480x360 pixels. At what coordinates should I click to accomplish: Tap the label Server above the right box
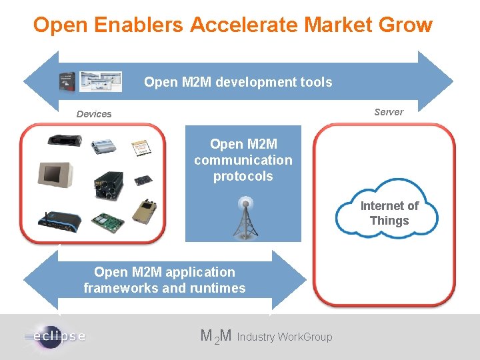pyautogui.click(x=389, y=112)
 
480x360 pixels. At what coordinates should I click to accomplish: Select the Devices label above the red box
pyautogui.click(x=94, y=114)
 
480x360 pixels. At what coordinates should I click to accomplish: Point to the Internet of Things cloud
pyautogui.click(x=389, y=213)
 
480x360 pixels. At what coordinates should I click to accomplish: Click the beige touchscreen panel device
pyautogui.click(x=56, y=175)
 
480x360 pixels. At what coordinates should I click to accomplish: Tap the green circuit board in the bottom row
pyautogui.click(x=107, y=223)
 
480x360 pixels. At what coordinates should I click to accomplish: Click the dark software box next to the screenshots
pyautogui.click(x=67, y=81)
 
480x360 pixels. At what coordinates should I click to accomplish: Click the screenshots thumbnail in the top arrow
pyautogui.click(x=101, y=81)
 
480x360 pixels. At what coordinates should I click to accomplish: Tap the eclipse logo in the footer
pyautogui.click(x=55, y=335)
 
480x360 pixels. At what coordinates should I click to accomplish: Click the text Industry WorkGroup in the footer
pyautogui.click(x=284, y=337)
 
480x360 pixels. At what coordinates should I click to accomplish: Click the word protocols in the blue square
pyautogui.click(x=243, y=177)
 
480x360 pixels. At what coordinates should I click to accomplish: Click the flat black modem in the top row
pyautogui.click(x=64, y=141)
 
